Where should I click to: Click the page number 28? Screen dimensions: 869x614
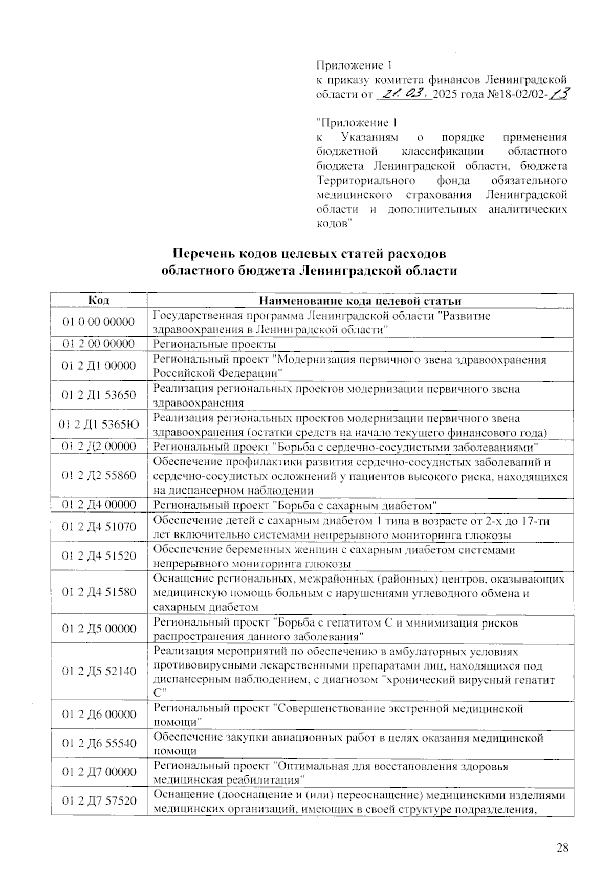(x=562, y=848)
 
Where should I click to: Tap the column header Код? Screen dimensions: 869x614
(x=98, y=300)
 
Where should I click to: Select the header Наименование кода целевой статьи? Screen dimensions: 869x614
(x=360, y=300)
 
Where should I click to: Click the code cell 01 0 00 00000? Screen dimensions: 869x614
(x=99, y=322)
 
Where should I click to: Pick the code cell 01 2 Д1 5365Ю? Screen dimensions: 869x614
(x=99, y=424)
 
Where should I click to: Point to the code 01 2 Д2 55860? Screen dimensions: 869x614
(x=99, y=475)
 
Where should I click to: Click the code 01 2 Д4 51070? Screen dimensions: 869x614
(x=99, y=526)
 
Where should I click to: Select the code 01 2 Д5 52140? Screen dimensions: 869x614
(x=99, y=671)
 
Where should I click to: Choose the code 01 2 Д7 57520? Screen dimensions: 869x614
(x=99, y=800)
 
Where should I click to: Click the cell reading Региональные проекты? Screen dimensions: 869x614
(x=215, y=344)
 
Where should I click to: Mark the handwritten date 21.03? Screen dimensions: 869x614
(x=404, y=94)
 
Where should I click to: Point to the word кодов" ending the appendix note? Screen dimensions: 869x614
(x=335, y=224)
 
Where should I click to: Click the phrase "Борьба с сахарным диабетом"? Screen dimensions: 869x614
(x=356, y=505)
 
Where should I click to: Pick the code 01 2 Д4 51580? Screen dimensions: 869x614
(x=99, y=592)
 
